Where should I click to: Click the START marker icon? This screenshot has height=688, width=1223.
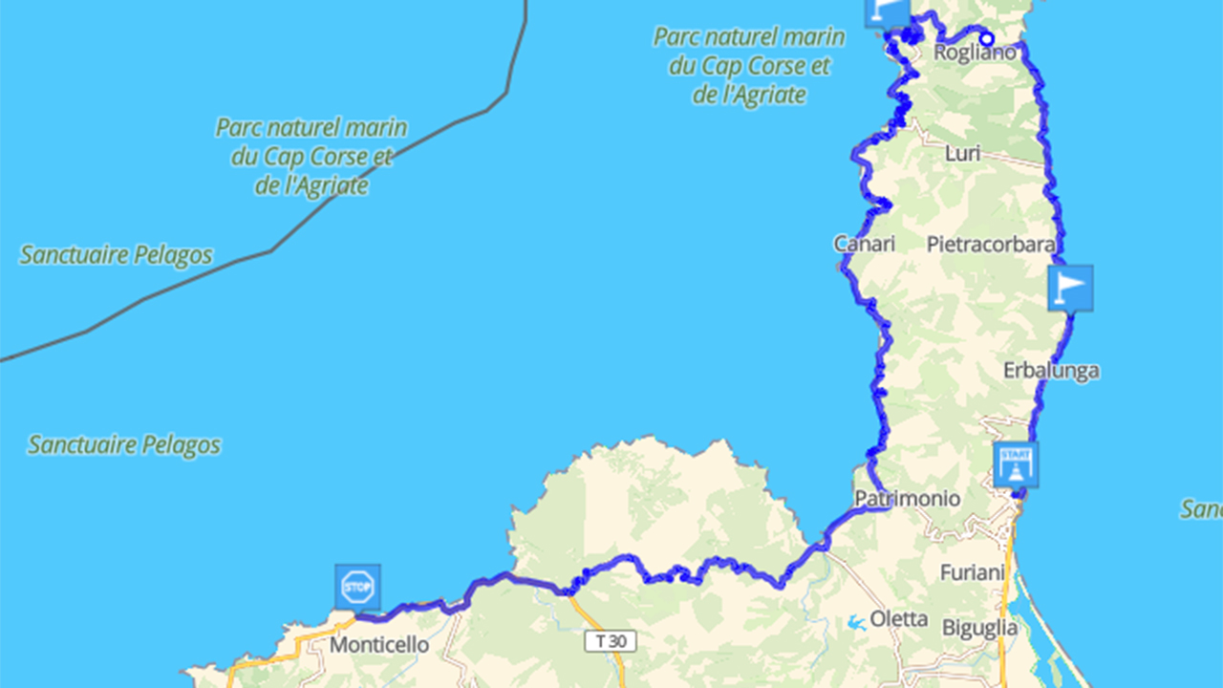tap(1016, 464)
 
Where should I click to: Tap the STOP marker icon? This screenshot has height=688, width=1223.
tap(358, 586)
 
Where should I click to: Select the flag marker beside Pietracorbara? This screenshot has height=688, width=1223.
tap(1070, 288)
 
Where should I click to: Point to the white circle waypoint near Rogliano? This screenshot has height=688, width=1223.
tap(988, 39)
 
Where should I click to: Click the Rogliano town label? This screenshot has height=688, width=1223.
tap(974, 53)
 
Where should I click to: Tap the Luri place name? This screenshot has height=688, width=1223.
tap(962, 153)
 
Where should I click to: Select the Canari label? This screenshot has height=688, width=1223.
tap(865, 244)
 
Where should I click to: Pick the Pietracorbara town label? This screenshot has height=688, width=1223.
tap(991, 244)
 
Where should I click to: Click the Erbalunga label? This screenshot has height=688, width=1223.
tap(1051, 370)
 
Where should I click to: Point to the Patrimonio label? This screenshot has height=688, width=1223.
tap(908, 499)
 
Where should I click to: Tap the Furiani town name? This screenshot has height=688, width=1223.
tap(973, 572)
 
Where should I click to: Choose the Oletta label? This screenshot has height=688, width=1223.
tap(898, 618)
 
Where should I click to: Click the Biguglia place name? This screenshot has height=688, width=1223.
tap(979, 628)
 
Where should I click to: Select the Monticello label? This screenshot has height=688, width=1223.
tap(379, 645)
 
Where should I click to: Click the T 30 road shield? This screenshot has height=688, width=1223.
tap(611, 641)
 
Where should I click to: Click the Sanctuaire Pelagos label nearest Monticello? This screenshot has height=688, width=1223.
tap(124, 444)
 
